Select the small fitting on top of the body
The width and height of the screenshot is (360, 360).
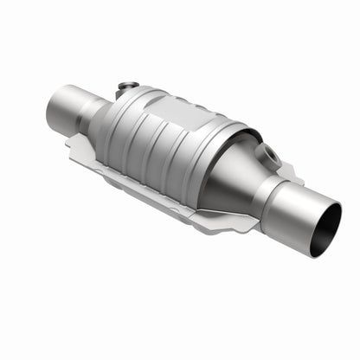(x=127, y=87)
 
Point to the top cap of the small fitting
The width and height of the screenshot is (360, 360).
(x=126, y=84)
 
